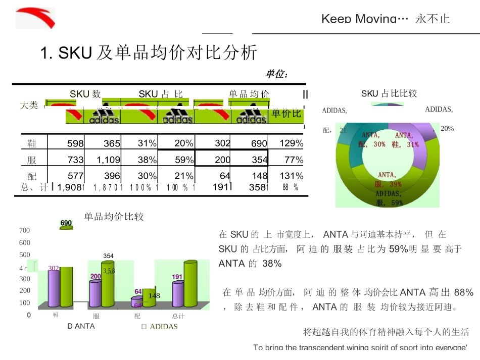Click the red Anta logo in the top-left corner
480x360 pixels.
pos(35,18)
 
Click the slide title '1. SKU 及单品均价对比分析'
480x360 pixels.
pos(149,53)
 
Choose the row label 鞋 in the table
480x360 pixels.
pos(32,144)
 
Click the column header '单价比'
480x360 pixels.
pos(286,113)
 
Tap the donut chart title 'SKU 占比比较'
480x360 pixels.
pos(389,93)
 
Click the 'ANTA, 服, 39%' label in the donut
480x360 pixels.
pos(388,180)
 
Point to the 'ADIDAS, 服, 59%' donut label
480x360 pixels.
pos(389,198)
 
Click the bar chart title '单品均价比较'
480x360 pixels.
pos(114,217)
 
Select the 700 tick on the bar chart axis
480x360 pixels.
pos(24,230)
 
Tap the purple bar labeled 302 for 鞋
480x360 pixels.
pos(54,287)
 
